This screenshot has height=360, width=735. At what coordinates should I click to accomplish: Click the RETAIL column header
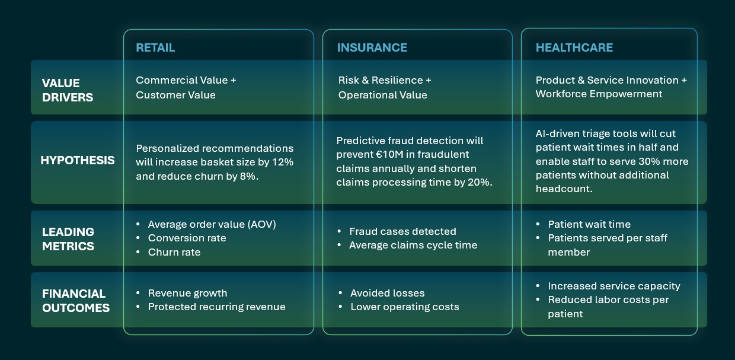tap(155, 48)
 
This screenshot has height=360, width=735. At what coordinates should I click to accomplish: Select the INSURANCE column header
tap(372, 48)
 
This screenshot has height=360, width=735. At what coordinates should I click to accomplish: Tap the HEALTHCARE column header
tap(574, 48)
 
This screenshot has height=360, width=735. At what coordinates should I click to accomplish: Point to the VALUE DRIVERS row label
tap(67, 90)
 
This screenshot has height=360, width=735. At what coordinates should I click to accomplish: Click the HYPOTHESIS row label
tap(77, 161)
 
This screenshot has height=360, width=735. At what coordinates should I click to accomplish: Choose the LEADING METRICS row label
tap(68, 238)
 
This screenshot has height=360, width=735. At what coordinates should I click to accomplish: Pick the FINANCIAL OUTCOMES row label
tap(75, 301)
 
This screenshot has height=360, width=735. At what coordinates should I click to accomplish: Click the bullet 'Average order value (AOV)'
tap(212, 224)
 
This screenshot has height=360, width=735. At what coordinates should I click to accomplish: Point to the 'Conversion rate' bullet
tap(187, 238)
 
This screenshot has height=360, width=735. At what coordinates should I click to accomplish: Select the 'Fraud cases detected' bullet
tap(402, 231)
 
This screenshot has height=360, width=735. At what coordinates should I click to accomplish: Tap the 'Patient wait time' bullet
tap(589, 224)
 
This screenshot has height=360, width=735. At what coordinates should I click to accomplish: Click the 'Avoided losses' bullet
tap(387, 293)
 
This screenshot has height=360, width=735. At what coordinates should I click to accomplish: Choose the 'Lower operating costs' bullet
tap(404, 307)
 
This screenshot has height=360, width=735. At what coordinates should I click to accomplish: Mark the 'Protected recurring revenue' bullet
tap(216, 307)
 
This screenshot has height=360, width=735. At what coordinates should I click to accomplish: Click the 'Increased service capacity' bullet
tap(613, 286)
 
